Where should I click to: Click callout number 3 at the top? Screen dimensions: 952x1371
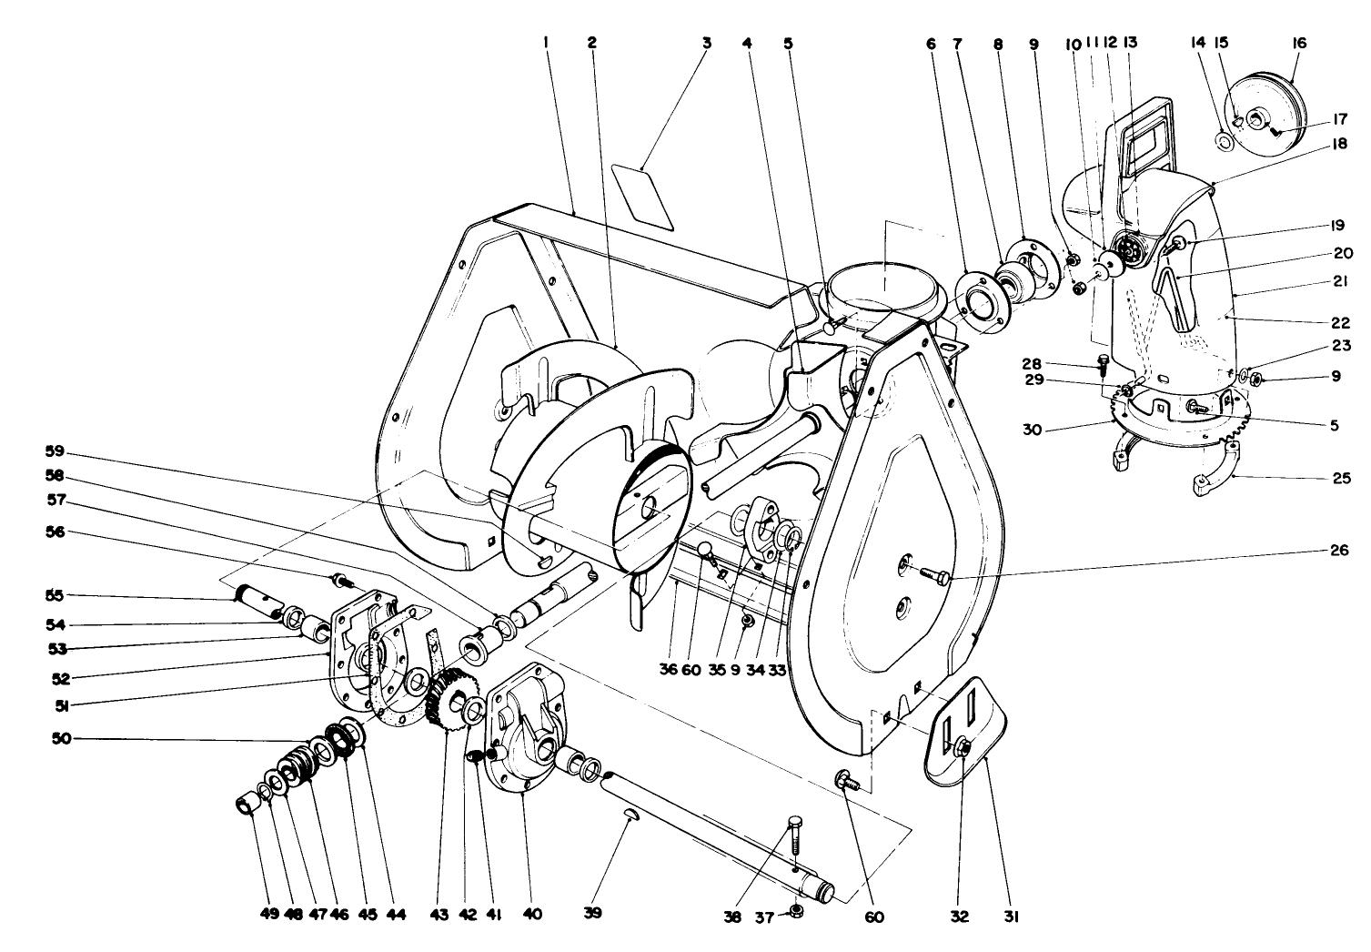(706, 43)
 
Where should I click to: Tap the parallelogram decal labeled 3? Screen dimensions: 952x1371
(643, 196)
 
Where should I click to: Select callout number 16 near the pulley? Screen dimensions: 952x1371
(1297, 43)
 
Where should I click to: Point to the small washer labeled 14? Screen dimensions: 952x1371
(1225, 141)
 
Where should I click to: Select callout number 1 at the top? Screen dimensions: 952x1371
(547, 43)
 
